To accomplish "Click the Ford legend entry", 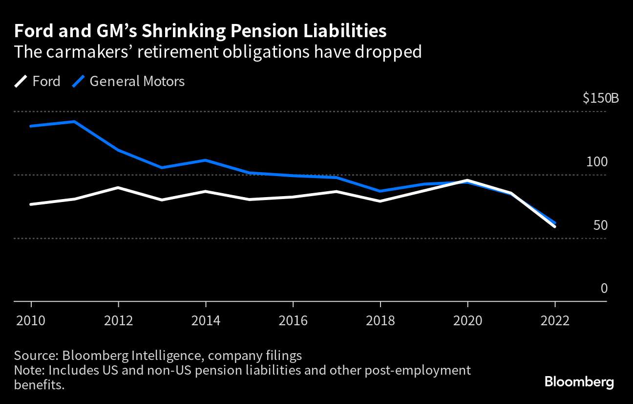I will pos(38,81).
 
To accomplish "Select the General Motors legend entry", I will pos(128,81).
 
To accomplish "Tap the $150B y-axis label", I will pos(600,98).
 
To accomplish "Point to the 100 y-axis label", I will pos(596,162).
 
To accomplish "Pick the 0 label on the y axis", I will pos(604,289).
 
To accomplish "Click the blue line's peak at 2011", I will pos(74,121).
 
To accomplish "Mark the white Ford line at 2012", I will pos(118,187).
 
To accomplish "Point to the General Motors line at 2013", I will pos(162,168).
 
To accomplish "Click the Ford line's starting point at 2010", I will pos(31,204).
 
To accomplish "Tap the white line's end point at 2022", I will pos(555,226).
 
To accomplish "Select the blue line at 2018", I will pos(380,191).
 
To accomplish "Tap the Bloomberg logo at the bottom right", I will pos(579,382).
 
